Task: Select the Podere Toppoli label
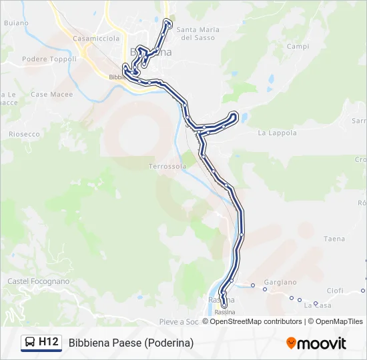tap(49, 59)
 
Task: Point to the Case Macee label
tap(52, 95)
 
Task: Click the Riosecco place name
tap(24, 134)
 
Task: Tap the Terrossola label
tap(167, 166)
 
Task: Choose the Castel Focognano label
tap(38, 281)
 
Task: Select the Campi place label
tap(298, 46)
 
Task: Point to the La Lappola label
tap(277, 133)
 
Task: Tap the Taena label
tap(334, 239)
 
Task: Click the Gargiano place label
tap(280, 282)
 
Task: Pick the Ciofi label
tap(335, 291)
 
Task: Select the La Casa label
tap(317, 305)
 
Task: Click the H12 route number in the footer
tap(49, 343)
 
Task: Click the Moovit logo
tap(316, 343)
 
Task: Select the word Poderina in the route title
tap(170, 343)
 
